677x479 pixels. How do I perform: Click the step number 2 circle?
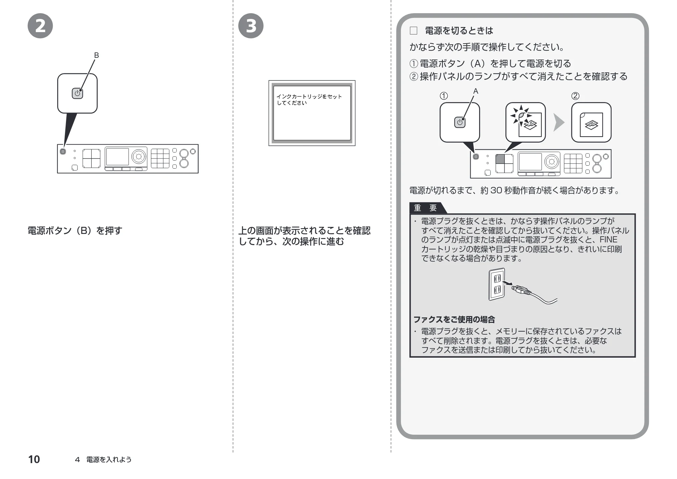[x=40, y=26]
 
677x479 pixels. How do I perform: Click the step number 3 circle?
[x=251, y=26]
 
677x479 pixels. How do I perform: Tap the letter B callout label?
[x=96, y=55]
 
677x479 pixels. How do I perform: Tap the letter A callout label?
[x=476, y=91]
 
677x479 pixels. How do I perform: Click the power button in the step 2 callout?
[x=77, y=94]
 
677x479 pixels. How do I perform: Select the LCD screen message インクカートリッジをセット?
[x=309, y=97]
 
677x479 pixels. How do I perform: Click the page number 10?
[x=34, y=459]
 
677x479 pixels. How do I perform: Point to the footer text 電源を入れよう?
[x=109, y=460]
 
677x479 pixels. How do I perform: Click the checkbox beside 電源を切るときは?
[x=413, y=31]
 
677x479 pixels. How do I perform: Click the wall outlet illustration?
[x=497, y=284]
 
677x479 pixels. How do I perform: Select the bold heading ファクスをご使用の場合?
[x=454, y=319]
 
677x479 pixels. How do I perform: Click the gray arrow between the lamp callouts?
[x=559, y=122]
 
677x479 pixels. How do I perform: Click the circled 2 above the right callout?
[x=575, y=96]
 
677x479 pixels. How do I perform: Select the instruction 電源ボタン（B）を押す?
[x=75, y=231]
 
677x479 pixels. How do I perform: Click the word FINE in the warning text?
[x=608, y=240]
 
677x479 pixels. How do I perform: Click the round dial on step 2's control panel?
[x=139, y=157]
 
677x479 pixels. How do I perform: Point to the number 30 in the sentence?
[x=496, y=191]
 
